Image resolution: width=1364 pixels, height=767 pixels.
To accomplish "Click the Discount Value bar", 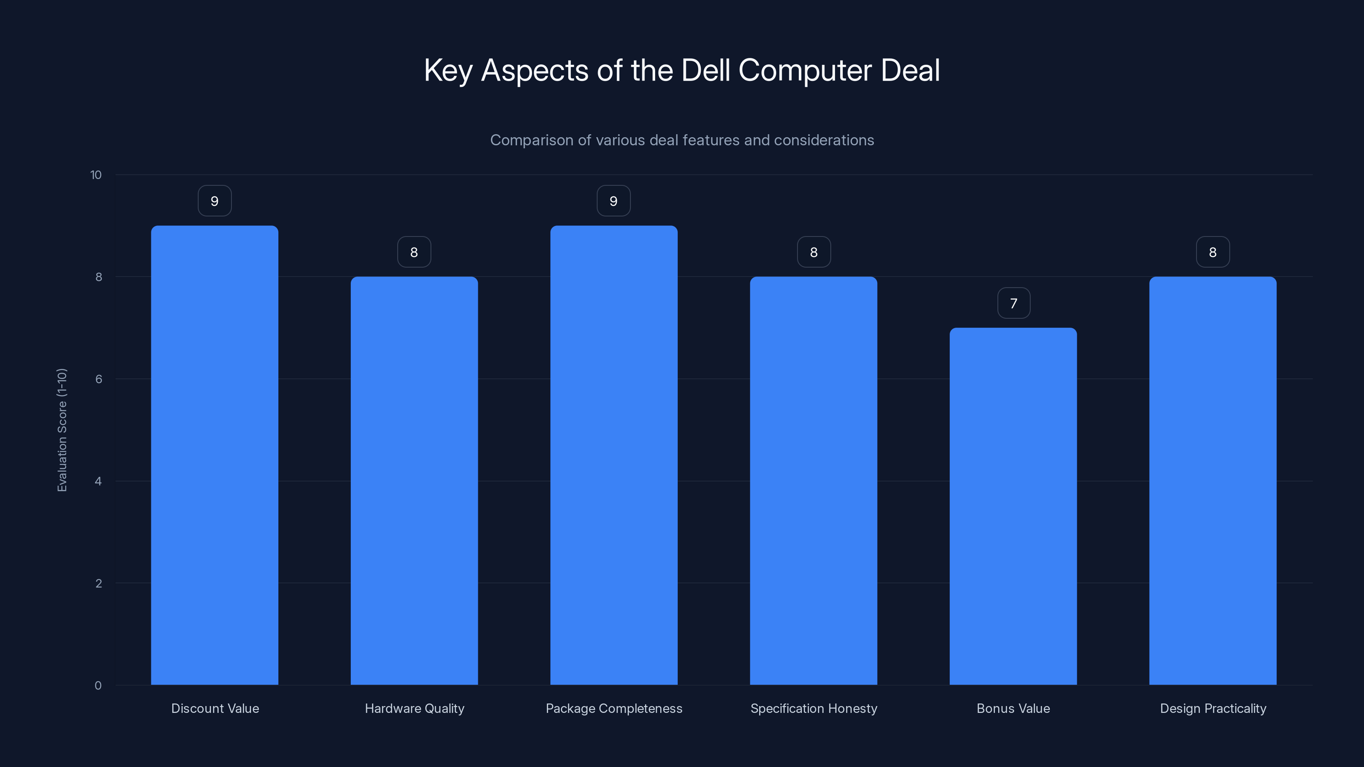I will coord(214,455).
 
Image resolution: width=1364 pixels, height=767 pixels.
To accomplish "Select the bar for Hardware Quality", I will coord(414,481).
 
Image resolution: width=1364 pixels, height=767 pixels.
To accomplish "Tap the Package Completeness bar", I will coord(614,455).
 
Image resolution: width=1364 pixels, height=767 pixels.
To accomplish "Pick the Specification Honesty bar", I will coord(813,481).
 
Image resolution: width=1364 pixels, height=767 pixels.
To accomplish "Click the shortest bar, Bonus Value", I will coord(1013,506).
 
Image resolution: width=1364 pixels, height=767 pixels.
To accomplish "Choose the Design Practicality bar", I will coord(1213,481).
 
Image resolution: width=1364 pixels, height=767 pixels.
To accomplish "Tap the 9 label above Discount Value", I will coord(214,201).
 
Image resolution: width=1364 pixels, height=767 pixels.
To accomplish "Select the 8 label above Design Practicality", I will coord(1213,253).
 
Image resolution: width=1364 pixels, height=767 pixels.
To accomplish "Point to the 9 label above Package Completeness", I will coord(614,201).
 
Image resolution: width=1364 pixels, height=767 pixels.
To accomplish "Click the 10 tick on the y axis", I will coord(96,175).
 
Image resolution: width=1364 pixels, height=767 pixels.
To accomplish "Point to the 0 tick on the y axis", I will coord(98,686).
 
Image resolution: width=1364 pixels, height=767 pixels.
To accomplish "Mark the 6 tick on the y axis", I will coord(98,379).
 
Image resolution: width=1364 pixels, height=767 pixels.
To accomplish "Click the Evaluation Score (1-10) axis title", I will coord(62,430).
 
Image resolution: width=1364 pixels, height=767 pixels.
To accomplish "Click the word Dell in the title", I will coord(707,70).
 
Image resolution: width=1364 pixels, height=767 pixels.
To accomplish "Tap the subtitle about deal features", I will coord(682,140).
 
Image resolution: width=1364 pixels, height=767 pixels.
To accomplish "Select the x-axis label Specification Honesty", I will coord(813,708).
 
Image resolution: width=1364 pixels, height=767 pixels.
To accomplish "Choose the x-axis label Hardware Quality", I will coord(414,708).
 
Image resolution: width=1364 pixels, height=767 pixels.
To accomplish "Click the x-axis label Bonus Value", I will coord(1013,708).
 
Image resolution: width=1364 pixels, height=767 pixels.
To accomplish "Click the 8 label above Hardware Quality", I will coord(414,253).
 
